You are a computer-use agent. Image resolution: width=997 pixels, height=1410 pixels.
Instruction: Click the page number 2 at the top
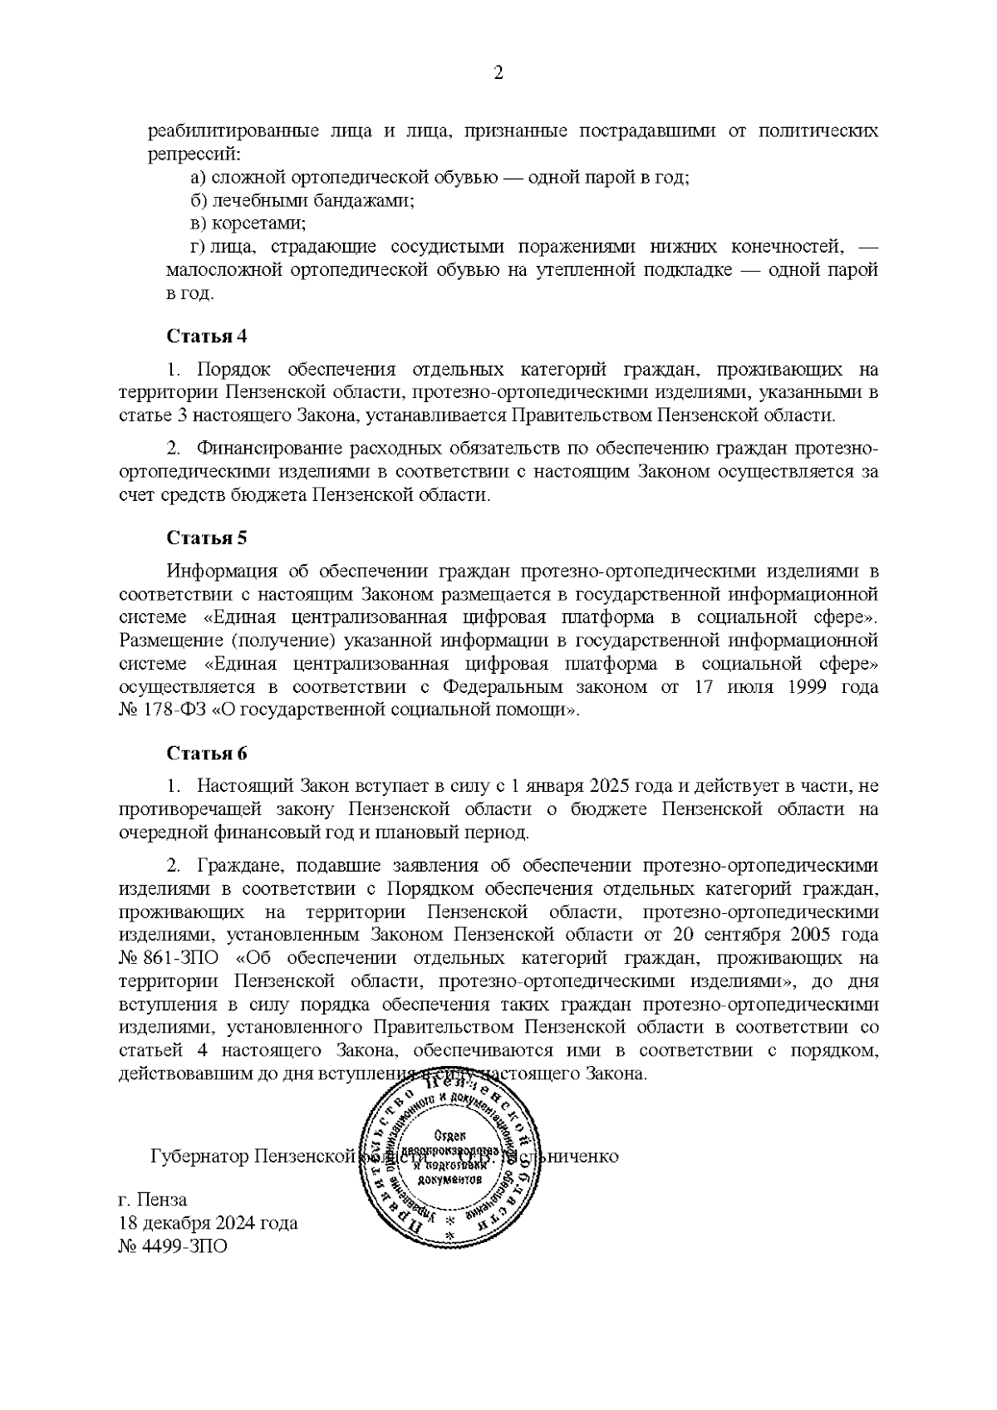coord(498,73)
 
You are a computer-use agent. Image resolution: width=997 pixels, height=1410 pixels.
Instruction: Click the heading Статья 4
coord(207,337)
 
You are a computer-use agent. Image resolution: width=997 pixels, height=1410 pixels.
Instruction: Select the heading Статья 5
coord(207,538)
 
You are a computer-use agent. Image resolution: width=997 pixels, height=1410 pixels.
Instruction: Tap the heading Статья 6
coord(207,754)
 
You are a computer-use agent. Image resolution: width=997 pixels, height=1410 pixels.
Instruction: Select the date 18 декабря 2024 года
coord(209,1223)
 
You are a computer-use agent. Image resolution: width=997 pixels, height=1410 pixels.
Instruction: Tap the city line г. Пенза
coord(153,1200)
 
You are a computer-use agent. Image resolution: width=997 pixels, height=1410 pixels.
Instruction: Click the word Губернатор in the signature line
coord(199,1157)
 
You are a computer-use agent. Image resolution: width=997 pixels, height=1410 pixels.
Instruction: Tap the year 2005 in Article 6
coord(815,935)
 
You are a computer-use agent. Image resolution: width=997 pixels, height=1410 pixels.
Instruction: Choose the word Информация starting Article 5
coord(222,571)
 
